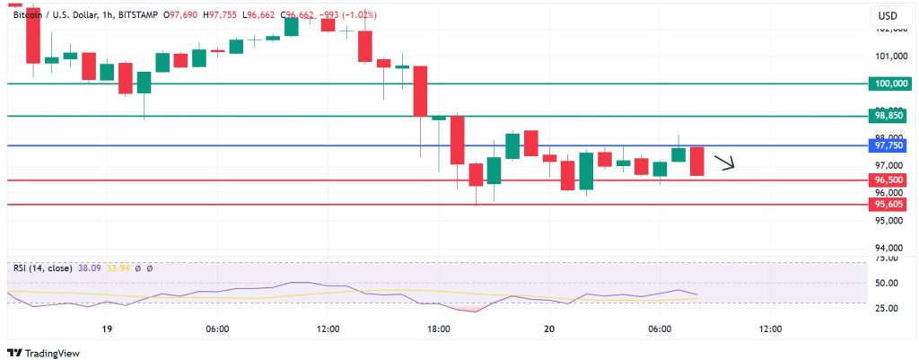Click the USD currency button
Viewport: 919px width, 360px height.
pos(887,16)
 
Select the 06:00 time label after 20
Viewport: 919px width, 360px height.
pos(660,329)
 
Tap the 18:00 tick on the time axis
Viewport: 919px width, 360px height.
pos(439,329)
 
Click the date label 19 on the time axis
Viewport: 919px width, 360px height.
pos(107,329)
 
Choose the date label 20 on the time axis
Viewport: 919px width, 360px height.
pos(549,329)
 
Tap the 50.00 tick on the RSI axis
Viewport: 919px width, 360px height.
pos(888,283)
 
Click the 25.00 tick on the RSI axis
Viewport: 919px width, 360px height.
pos(888,309)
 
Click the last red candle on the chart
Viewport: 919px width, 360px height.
pos(697,161)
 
